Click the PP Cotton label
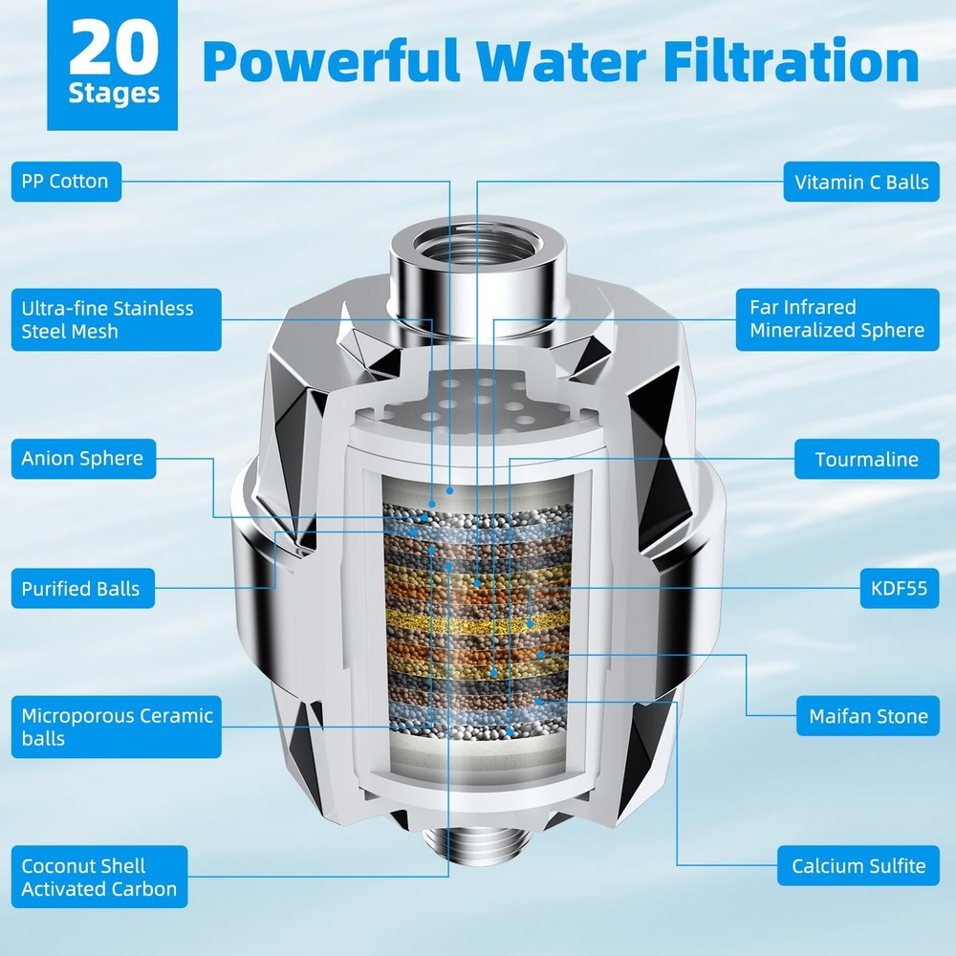point(66,182)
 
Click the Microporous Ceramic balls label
point(117,727)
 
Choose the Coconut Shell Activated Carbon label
point(98,877)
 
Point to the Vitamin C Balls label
point(861,182)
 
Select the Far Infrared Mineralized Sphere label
point(838,320)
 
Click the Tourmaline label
point(866,460)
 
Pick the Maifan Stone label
point(868,716)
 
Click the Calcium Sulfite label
point(858,866)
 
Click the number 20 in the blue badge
point(114,53)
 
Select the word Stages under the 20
point(114,96)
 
